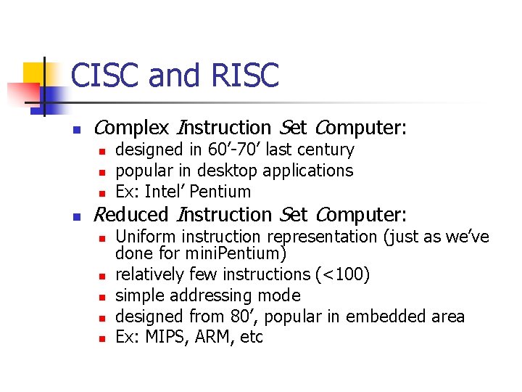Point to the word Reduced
[x=131, y=215]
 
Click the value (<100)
[x=343, y=274]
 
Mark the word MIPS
[x=166, y=338]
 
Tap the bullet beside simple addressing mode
[x=103, y=297]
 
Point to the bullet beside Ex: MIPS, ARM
[x=103, y=339]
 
